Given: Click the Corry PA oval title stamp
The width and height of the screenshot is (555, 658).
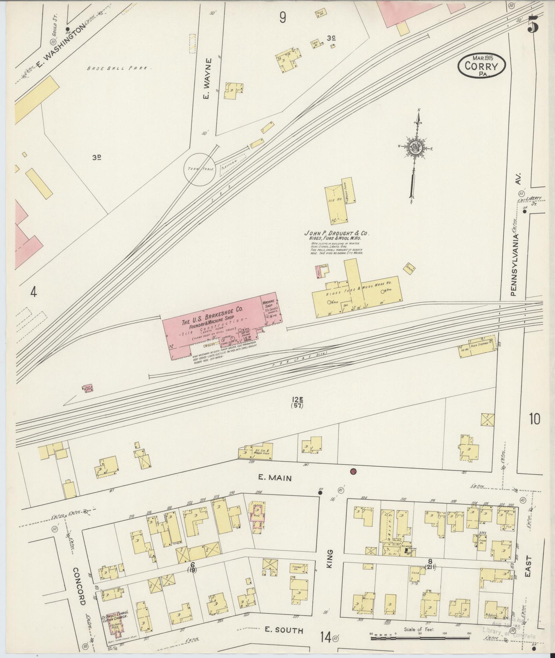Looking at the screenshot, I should pyautogui.click(x=481, y=65).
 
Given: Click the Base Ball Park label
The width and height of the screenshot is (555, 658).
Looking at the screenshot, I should pyautogui.click(x=119, y=68).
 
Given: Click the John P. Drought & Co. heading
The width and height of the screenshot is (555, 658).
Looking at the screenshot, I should pyautogui.click(x=336, y=233).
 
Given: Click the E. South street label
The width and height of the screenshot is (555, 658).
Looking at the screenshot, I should pyautogui.click(x=284, y=630).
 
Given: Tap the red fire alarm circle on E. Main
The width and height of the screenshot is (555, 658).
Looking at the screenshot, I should pyautogui.click(x=352, y=471).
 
